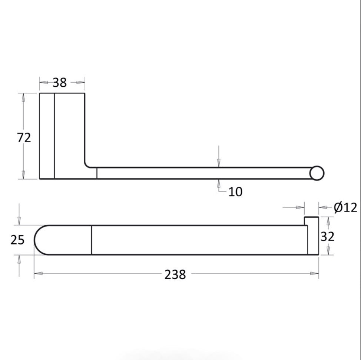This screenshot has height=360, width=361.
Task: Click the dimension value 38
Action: click(x=60, y=82)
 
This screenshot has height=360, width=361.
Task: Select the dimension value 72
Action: click(x=24, y=137)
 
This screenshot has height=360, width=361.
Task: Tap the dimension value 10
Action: click(x=235, y=191)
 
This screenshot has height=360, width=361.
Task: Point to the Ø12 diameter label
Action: click(x=345, y=207)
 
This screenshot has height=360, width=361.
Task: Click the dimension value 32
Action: click(x=327, y=236)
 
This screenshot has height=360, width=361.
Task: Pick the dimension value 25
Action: click(x=17, y=240)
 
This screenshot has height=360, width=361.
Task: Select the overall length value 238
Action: click(x=175, y=274)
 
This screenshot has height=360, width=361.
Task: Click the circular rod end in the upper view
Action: click(x=317, y=173)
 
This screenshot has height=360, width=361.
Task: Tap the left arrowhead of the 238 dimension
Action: click(x=38, y=273)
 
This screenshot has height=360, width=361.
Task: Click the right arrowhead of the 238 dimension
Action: click(x=315, y=273)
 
